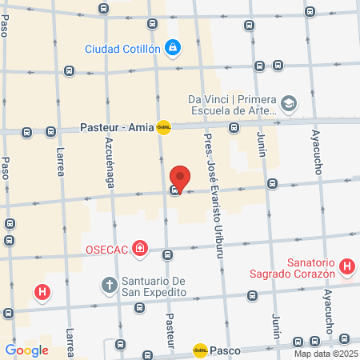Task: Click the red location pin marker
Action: pyautogui.click(x=181, y=178)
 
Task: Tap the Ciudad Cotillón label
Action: pyautogui.click(x=122, y=48)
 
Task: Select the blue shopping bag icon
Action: pyautogui.click(x=172, y=48)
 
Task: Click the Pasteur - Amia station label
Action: pyautogui.click(x=117, y=127)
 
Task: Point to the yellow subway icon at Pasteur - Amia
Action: pyautogui.click(x=163, y=126)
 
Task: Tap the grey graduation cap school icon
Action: pyautogui.click(x=288, y=103)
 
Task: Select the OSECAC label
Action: pyautogui.click(x=108, y=250)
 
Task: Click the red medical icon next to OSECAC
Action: pyautogui.click(x=141, y=249)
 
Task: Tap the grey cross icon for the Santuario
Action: pyautogui.click(x=110, y=285)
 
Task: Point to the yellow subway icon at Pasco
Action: pyautogui.click(x=200, y=350)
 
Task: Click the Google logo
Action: pyautogui.click(x=26, y=350)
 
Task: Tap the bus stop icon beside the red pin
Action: pyautogui.click(x=174, y=191)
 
